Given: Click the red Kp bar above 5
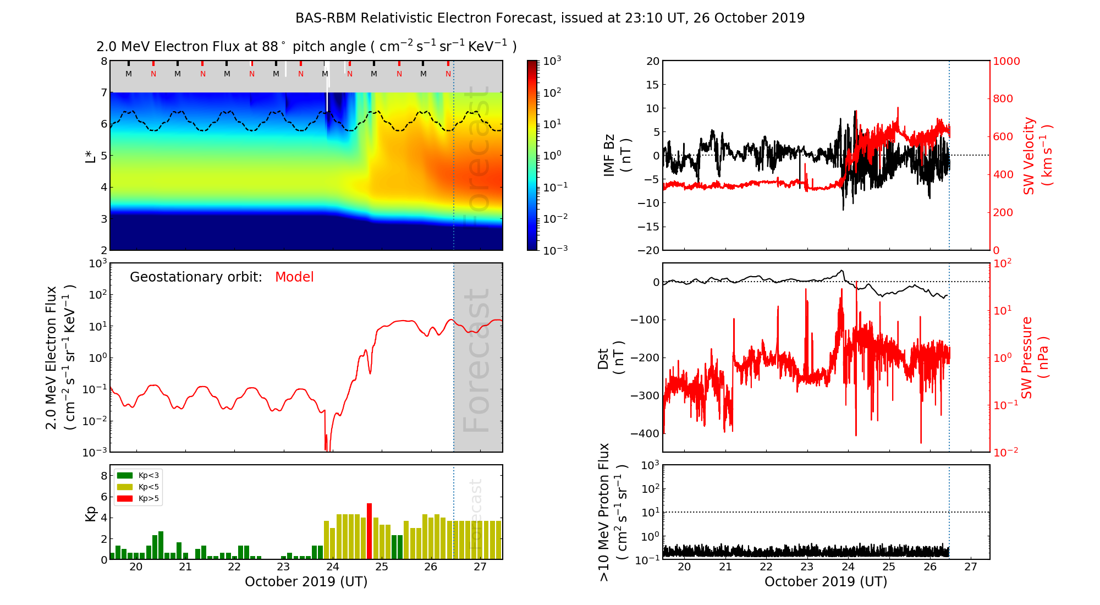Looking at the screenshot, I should tap(369, 531).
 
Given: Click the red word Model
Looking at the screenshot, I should tap(294, 277).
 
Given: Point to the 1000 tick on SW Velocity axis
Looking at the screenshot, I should tap(1006, 61).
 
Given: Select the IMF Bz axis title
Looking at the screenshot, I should tap(617, 155).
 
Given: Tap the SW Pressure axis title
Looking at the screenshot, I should tap(1035, 358).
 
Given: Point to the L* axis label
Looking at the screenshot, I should tap(90, 155).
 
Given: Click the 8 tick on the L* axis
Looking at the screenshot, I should tap(103, 61).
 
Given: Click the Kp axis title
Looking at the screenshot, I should tap(91, 514).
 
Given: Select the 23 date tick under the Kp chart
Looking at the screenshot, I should tap(283, 567).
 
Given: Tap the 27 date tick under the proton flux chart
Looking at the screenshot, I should tap(971, 567).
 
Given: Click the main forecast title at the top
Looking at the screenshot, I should tap(550, 18).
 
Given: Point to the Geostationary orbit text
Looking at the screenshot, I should tap(196, 277).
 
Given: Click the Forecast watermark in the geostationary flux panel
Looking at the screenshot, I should tap(476, 360).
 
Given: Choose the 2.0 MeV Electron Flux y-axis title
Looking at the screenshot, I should tap(59, 358).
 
